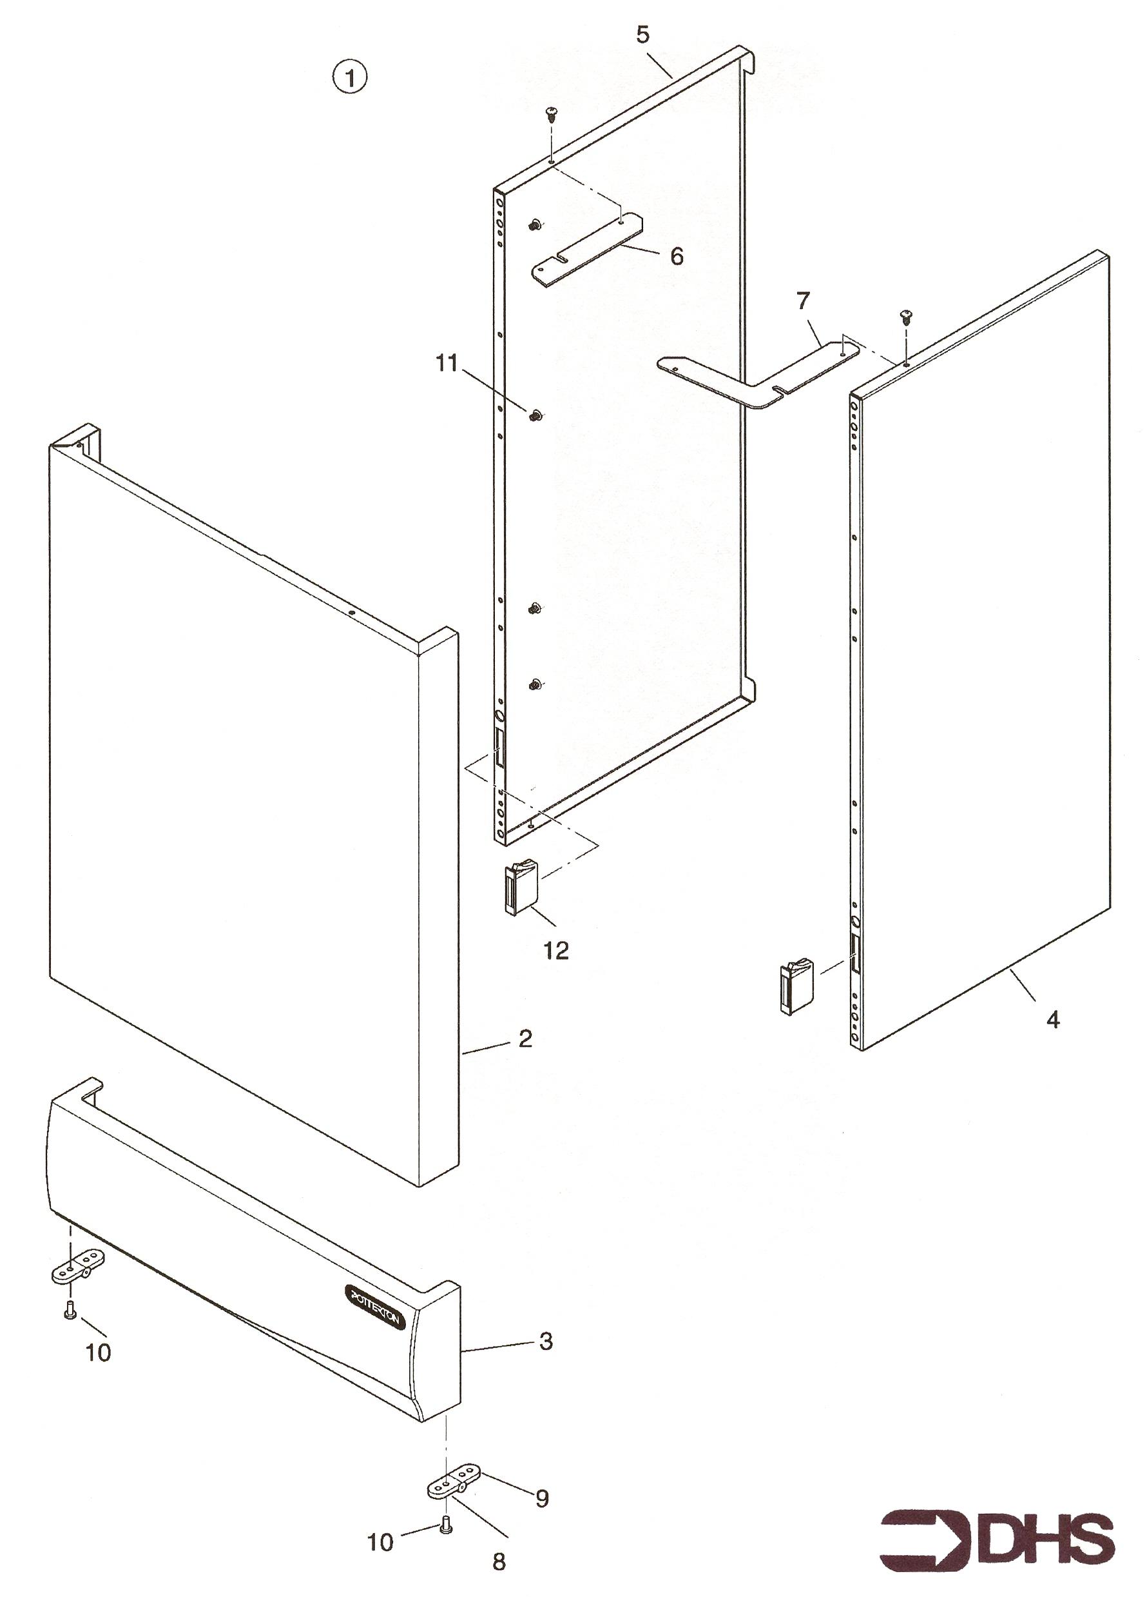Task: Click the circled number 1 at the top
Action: (x=350, y=77)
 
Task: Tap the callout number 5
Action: (x=642, y=34)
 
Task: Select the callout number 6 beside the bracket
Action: (x=676, y=256)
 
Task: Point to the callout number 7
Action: (x=803, y=301)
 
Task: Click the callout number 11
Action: (x=447, y=364)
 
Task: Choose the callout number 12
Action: (x=556, y=951)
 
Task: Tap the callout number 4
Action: (x=1053, y=1019)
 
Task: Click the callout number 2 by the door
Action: (x=526, y=1038)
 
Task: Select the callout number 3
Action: (x=545, y=1342)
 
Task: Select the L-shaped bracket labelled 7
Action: (x=758, y=373)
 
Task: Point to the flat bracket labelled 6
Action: (x=589, y=250)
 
